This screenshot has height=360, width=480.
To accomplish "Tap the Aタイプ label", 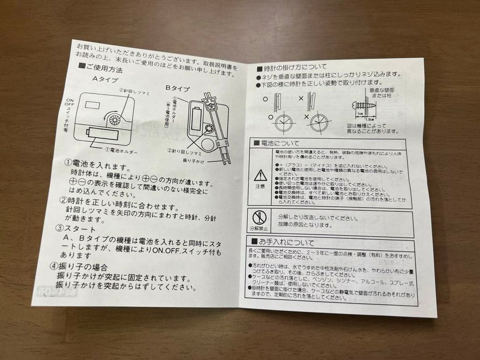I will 105,80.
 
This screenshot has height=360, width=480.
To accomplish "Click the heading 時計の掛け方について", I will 291,68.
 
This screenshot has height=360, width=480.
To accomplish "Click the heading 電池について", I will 272,143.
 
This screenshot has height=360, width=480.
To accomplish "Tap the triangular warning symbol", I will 260,176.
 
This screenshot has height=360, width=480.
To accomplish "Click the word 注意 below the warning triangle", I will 260,186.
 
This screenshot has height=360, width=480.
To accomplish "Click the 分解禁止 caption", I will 258,228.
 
